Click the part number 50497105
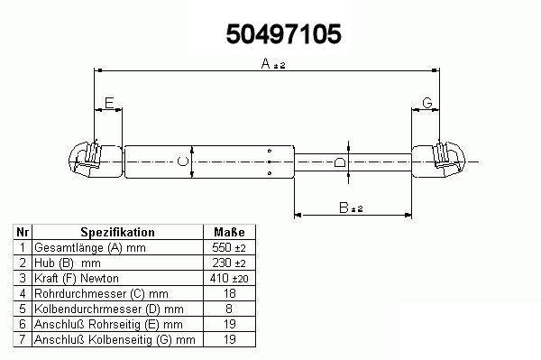click(x=284, y=33)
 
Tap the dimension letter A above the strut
click(x=266, y=63)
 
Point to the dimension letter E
click(x=109, y=103)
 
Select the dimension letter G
click(x=427, y=103)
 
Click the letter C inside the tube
click(x=183, y=162)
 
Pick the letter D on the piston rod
click(x=340, y=162)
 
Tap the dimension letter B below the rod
click(x=344, y=208)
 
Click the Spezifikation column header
click(x=117, y=232)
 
